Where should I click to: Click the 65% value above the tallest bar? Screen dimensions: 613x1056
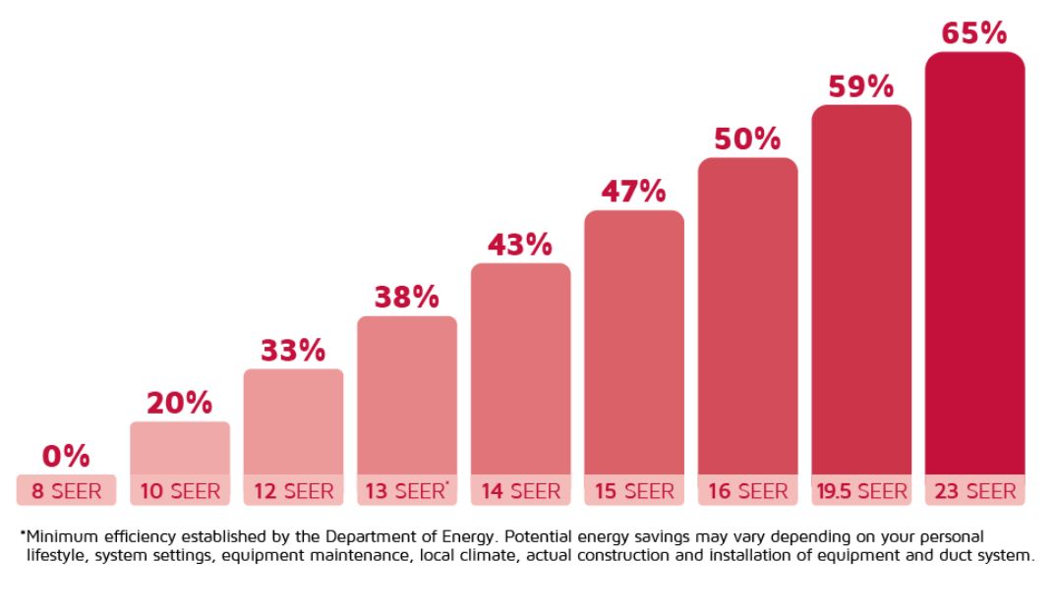[974, 33]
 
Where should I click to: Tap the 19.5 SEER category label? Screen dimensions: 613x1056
[861, 490]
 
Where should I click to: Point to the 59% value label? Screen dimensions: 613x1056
[860, 86]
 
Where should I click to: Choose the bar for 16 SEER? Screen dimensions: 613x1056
[747, 314]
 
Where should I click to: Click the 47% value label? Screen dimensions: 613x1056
[633, 192]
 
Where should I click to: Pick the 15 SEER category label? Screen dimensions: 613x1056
[633, 490]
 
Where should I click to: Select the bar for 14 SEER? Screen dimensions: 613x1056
[520, 368]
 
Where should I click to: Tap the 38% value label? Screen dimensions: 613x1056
[406, 297]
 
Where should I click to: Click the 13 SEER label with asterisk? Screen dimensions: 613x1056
[407, 490]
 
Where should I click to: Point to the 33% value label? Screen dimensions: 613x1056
[293, 351]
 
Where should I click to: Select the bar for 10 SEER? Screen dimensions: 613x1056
[180, 448]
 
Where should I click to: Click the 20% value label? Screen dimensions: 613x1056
[180, 403]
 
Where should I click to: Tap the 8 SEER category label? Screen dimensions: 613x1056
[66, 490]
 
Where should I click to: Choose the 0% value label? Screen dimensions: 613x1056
[66, 456]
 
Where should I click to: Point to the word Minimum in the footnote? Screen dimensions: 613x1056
[58, 536]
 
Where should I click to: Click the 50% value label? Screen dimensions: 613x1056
[747, 139]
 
